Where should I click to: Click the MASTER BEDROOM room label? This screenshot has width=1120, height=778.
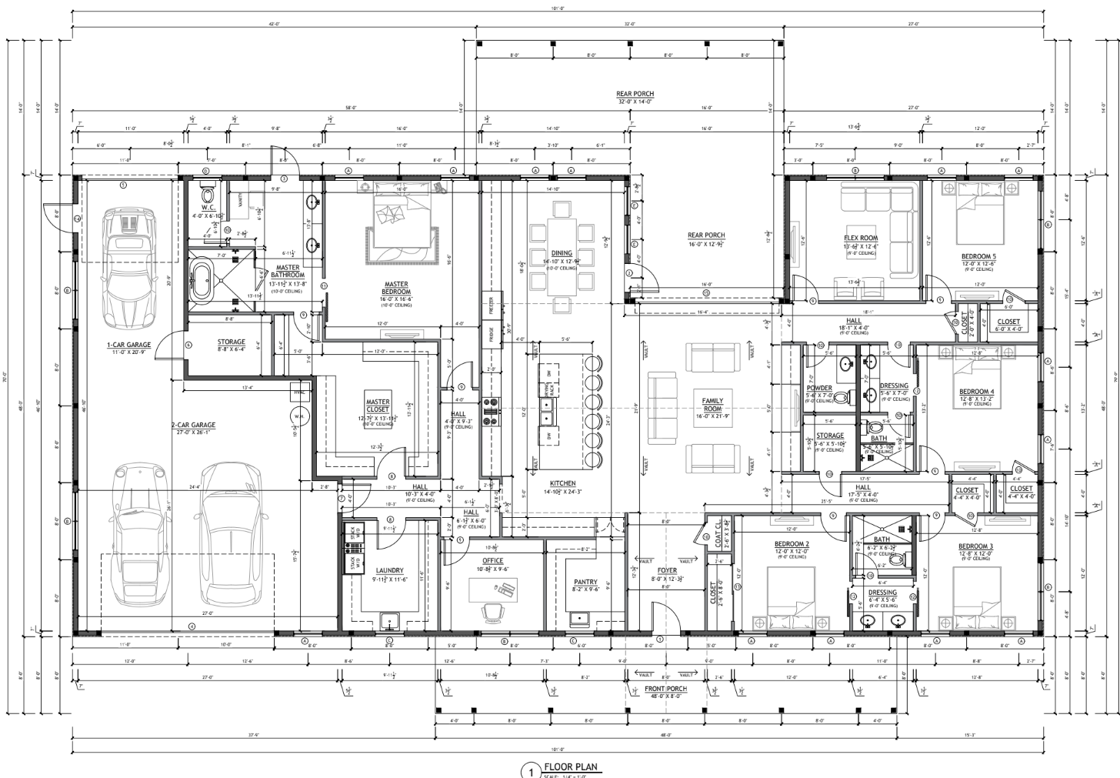[395, 288]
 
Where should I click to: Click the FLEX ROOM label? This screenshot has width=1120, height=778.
[861, 239]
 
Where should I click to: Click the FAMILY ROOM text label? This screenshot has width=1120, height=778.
[712, 405]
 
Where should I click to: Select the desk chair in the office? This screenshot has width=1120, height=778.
[490, 609]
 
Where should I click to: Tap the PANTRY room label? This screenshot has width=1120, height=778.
[585, 583]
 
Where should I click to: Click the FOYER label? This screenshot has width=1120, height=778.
[667, 570]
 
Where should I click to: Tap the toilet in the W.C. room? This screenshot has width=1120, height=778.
[206, 192]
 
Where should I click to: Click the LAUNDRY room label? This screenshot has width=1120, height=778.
[389, 571]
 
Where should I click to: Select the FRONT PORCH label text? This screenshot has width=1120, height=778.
[665, 689]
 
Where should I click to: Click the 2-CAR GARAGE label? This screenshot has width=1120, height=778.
[193, 425]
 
